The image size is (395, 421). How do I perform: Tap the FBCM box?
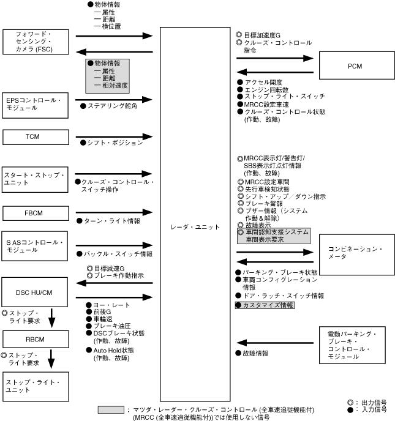tap(33, 214)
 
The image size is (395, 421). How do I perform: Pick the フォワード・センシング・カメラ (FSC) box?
tap(33, 42)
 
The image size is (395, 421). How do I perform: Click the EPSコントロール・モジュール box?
tap(33, 102)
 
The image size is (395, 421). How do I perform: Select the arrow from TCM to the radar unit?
tap(113, 137)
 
